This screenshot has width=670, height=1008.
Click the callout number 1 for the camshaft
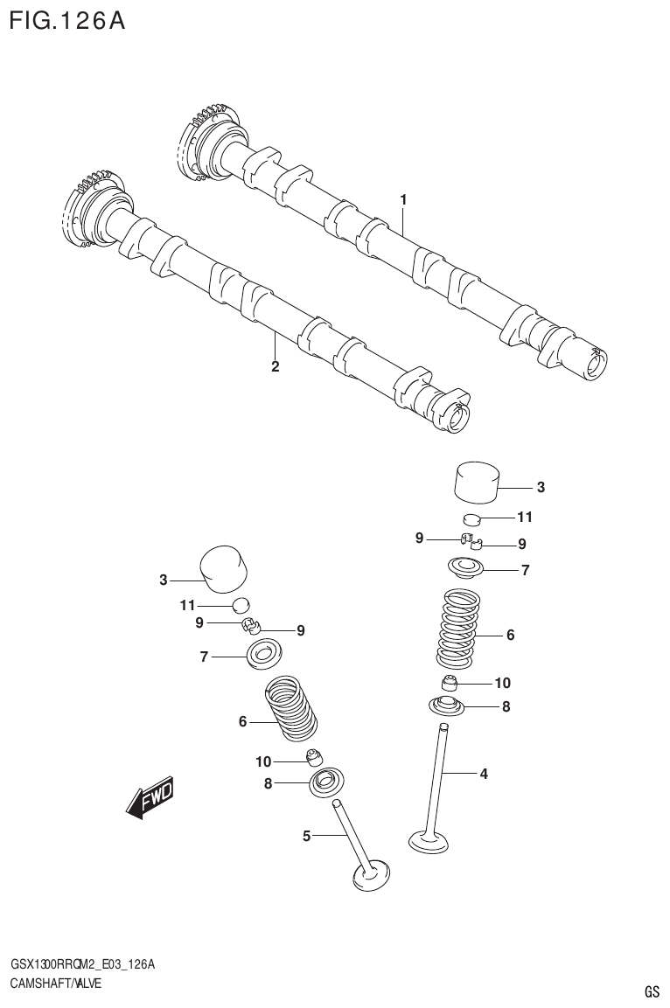click(x=403, y=200)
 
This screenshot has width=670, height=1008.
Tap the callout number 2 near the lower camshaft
click(x=275, y=366)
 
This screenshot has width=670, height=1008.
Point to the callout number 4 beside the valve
click(x=483, y=773)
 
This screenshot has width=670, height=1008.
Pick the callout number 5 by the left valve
click(x=307, y=837)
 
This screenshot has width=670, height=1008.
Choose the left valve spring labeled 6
click(x=291, y=708)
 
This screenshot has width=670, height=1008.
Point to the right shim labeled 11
click(x=472, y=522)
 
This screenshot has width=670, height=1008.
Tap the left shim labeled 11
click(x=241, y=604)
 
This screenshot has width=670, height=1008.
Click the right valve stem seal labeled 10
click(x=449, y=683)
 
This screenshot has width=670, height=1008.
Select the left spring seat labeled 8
click(x=327, y=781)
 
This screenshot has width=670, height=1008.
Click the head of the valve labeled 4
click(x=429, y=842)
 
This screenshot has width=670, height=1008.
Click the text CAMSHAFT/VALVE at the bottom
click(x=55, y=983)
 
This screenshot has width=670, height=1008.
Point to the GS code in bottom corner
click(x=652, y=991)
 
